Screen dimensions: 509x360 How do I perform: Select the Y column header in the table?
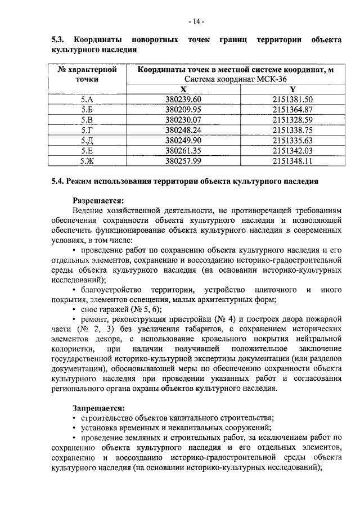point(292,89)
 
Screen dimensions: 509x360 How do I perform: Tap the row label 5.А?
point(87,100)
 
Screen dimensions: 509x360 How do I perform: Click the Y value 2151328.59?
point(292,120)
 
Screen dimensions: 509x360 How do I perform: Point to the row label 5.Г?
point(87,130)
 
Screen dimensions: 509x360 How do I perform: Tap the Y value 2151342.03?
point(292,150)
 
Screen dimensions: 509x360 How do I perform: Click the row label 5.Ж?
point(87,160)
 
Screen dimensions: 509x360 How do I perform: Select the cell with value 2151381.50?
point(292,100)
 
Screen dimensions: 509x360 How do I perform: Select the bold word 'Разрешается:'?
point(98,200)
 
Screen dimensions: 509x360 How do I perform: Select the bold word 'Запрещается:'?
point(98,407)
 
